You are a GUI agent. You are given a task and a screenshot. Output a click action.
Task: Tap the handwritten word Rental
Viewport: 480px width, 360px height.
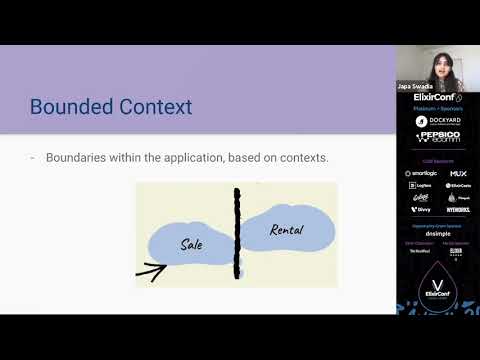pos(287,230)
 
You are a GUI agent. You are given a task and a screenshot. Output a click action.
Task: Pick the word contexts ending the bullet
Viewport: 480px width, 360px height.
pos(301,158)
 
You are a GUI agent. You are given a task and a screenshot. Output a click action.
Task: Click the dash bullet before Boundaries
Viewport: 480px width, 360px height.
pos(33,158)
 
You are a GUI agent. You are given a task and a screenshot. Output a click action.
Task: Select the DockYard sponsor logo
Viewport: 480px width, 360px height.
pos(437,121)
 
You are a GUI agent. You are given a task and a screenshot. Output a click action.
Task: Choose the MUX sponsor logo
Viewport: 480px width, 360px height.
pos(458,173)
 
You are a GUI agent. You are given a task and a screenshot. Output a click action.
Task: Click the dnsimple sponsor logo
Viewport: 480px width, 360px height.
pos(437,231)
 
